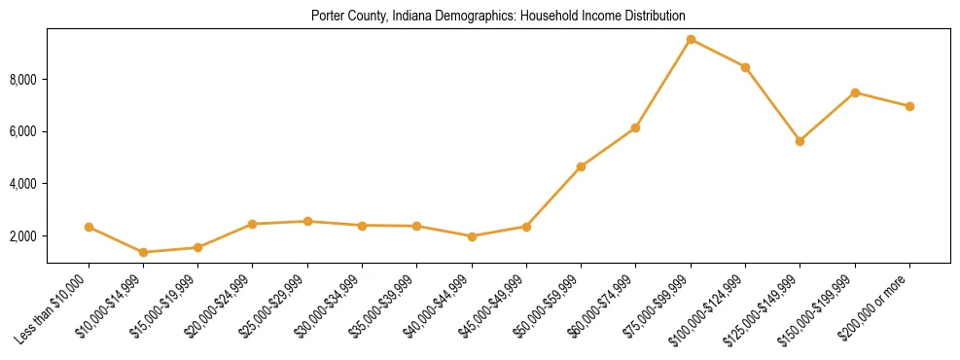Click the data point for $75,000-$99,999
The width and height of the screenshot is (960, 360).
tap(691, 40)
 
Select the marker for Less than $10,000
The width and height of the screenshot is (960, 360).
tap(89, 227)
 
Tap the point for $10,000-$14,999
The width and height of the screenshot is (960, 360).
tap(144, 252)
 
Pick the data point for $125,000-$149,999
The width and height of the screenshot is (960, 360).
tap(800, 141)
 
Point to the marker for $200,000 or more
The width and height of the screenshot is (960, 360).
tap(909, 106)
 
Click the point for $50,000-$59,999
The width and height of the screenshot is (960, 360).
tap(581, 166)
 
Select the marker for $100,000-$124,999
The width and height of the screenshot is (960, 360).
tap(745, 67)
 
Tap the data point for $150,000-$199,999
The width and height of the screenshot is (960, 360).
tap(855, 92)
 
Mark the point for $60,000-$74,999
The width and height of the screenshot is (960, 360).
tap(635, 127)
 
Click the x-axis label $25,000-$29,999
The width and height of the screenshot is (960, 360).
tap(273, 306)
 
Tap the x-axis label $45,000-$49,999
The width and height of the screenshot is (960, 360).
tap(492, 306)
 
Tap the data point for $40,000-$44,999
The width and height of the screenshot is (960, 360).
tap(472, 236)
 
